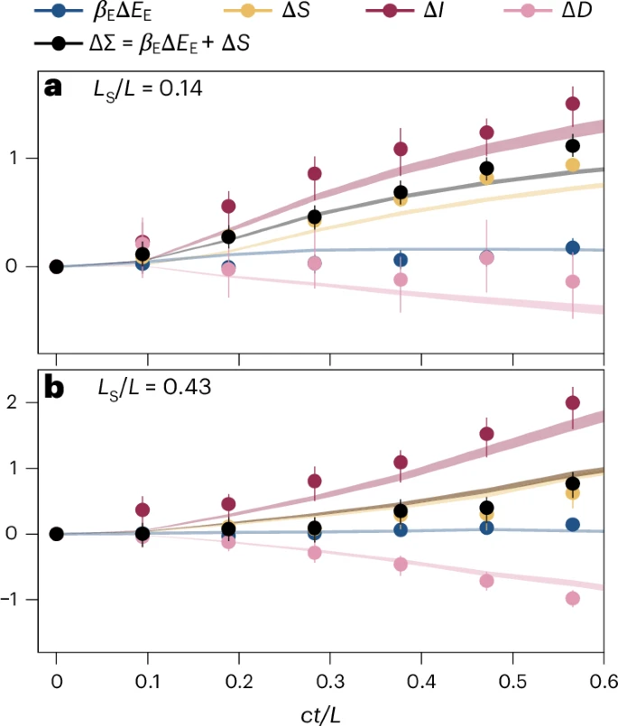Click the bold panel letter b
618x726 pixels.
tap(54, 390)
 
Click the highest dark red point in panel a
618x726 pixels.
tap(572, 104)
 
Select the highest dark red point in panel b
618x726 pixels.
tap(572, 403)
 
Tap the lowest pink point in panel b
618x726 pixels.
tap(572, 599)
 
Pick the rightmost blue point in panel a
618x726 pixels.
tap(572, 248)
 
